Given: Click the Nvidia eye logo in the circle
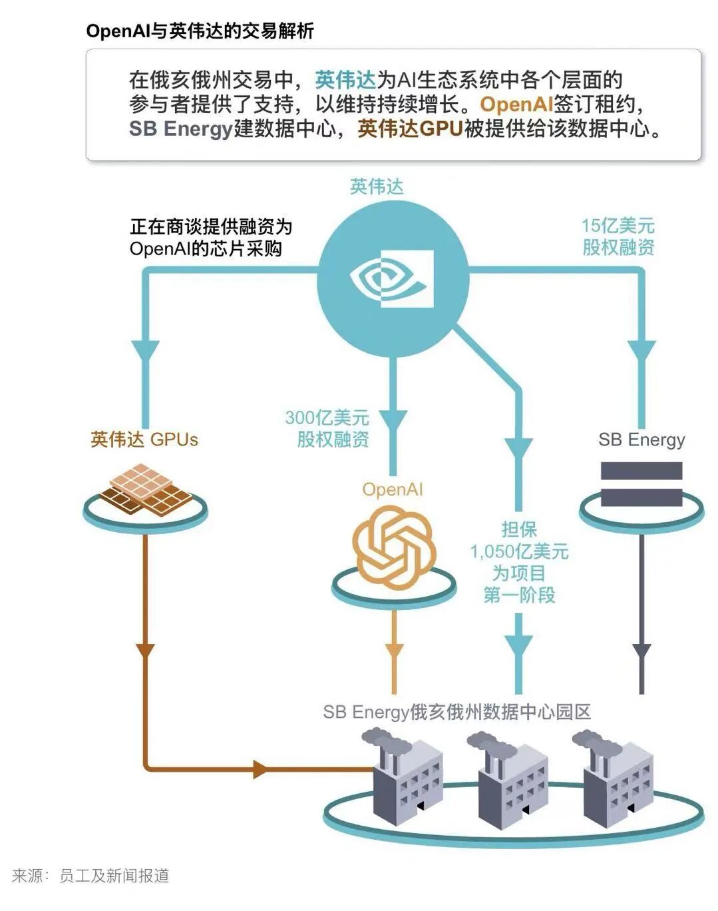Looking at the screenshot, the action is point(392,278).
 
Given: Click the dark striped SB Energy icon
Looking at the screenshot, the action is point(641,484).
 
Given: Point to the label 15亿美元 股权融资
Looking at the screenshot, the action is point(618,236).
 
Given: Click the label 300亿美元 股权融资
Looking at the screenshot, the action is point(327,428).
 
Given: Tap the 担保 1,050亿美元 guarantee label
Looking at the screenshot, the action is point(520,562).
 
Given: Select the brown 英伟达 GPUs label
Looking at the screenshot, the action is point(144,440).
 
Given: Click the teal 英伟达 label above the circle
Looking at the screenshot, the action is point(377,186).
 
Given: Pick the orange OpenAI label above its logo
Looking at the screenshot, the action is point(393,489).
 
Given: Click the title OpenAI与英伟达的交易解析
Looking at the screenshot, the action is point(200,31).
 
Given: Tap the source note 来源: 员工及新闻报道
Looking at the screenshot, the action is point(90,876).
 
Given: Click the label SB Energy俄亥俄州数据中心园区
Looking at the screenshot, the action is point(457,712).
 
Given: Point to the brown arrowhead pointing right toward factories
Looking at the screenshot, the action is point(260,768).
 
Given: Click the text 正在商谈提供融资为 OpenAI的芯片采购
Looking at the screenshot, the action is point(211,238).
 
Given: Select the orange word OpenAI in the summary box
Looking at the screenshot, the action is point(516,104).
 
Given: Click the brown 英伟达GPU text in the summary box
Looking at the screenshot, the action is point(411,129).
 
